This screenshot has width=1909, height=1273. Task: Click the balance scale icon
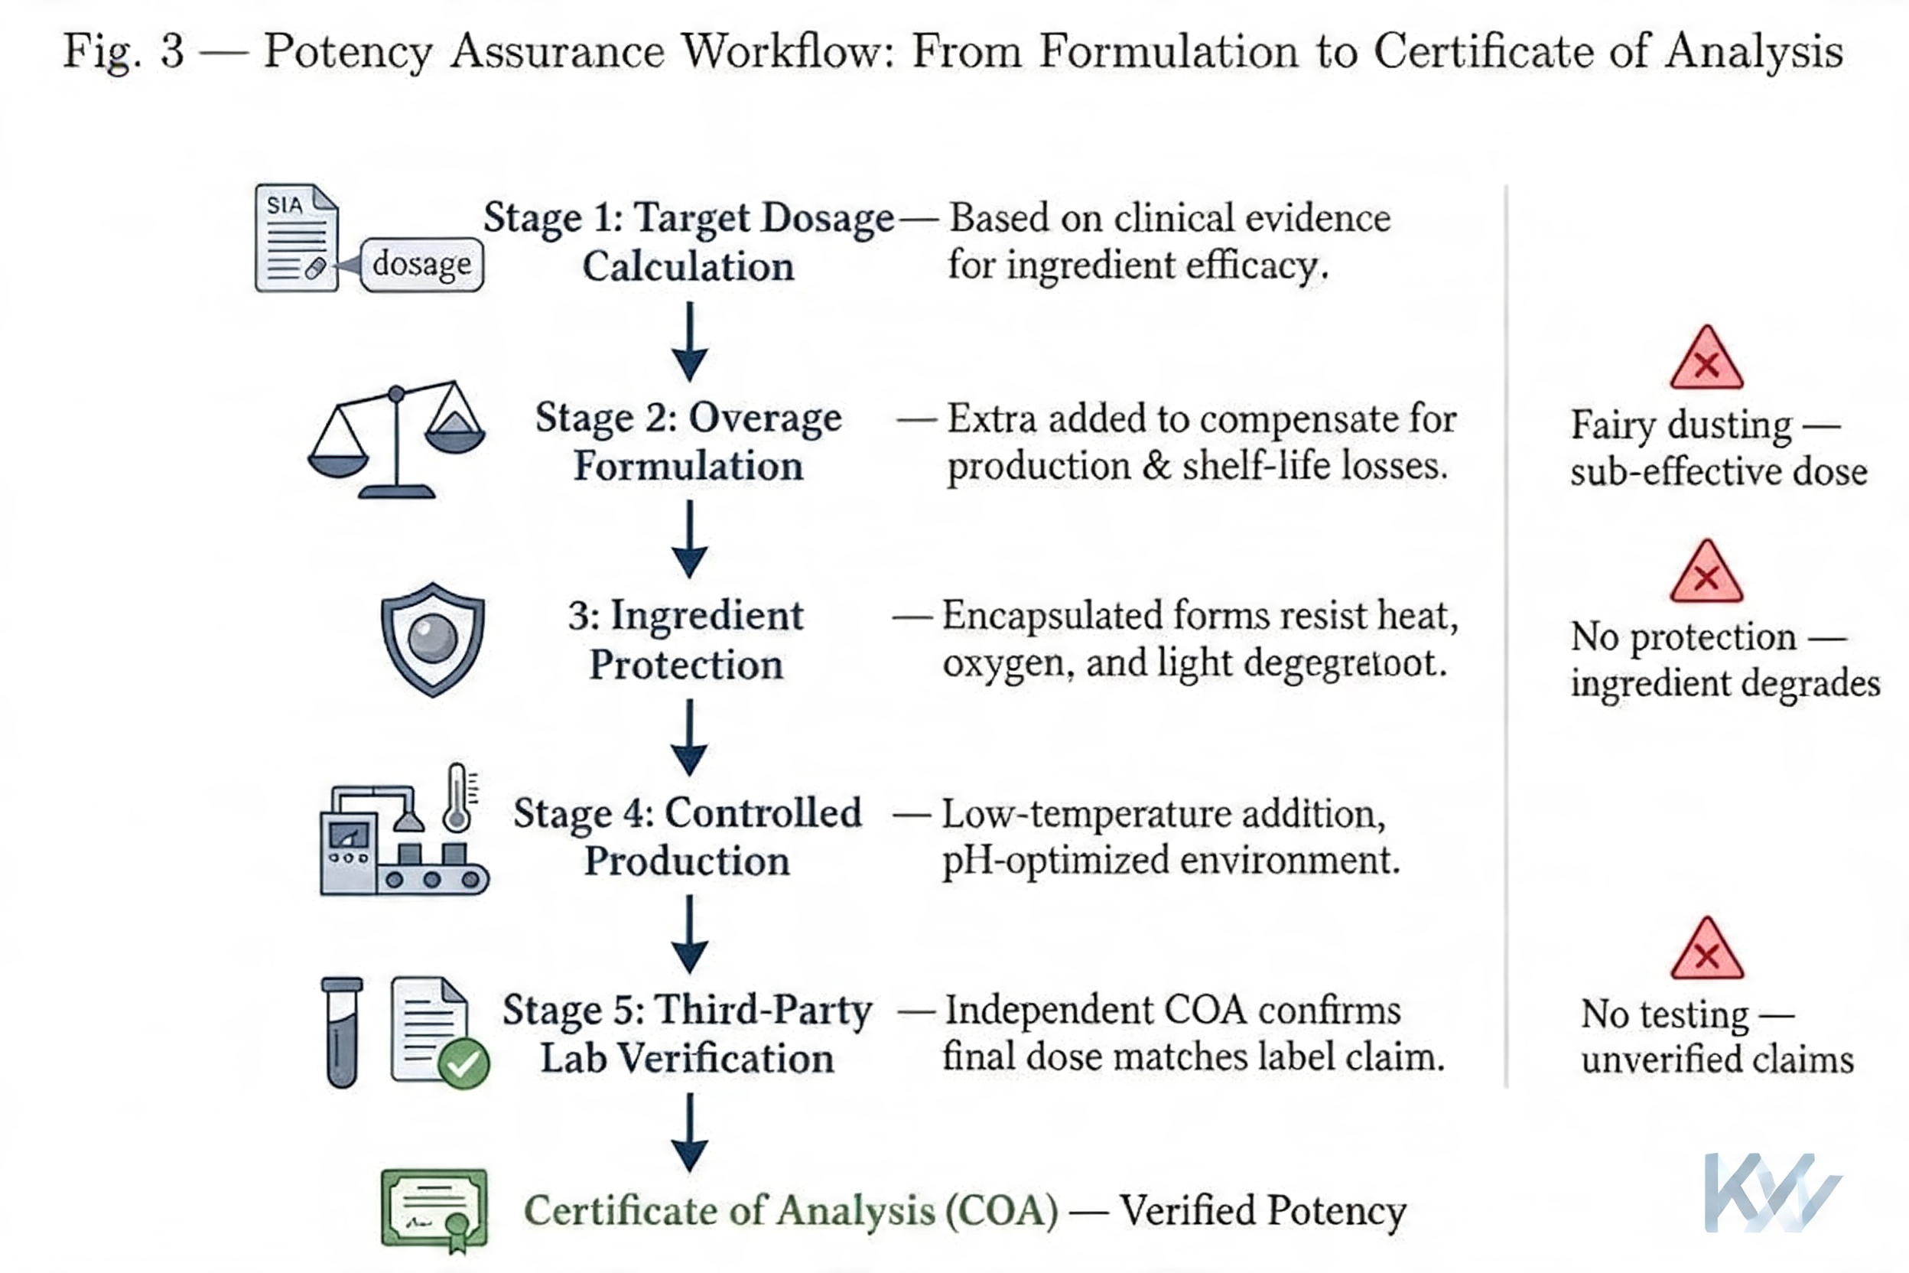click(x=396, y=439)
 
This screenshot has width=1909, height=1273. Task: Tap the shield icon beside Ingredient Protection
click(x=433, y=639)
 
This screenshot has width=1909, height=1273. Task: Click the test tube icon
click(x=342, y=1031)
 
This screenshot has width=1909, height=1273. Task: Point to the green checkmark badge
click(x=463, y=1063)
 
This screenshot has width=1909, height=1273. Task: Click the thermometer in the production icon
click(x=458, y=798)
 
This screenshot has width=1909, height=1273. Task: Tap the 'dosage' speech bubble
click(x=421, y=265)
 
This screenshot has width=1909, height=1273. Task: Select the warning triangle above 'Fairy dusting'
click(x=1706, y=360)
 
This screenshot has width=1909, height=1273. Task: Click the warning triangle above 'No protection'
click(x=1706, y=572)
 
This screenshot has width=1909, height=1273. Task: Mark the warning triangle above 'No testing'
click(x=1706, y=950)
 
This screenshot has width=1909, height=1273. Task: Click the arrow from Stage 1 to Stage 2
click(x=689, y=341)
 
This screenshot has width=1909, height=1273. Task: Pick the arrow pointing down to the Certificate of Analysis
click(x=689, y=1131)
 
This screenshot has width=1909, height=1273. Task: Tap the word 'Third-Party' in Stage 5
click(x=763, y=1011)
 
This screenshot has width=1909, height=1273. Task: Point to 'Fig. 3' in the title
click(x=123, y=50)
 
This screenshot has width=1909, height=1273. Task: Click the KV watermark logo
click(x=1771, y=1191)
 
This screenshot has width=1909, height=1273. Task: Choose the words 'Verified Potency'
click(x=1263, y=1210)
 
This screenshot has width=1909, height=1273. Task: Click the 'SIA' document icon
click(x=296, y=237)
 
